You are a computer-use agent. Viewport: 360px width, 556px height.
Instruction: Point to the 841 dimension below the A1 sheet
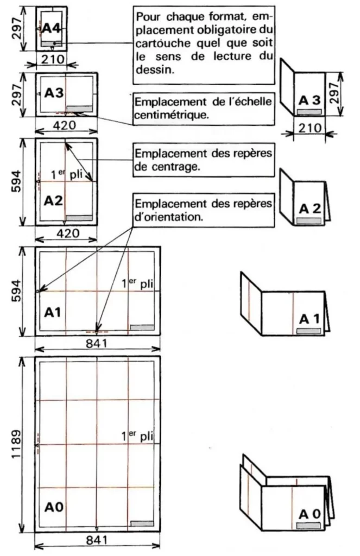[x=98, y=343]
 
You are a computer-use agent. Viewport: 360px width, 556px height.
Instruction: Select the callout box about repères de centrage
[x=203, y=160]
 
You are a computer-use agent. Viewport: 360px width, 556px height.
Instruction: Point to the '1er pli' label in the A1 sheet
[x=137, y=283]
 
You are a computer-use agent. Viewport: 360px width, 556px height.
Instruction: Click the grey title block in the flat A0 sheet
[x=142, y=525]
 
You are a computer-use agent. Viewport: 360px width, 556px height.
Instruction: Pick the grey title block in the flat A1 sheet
[x=142, y=327]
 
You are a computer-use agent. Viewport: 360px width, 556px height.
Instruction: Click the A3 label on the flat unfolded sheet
[x=54, y=93]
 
